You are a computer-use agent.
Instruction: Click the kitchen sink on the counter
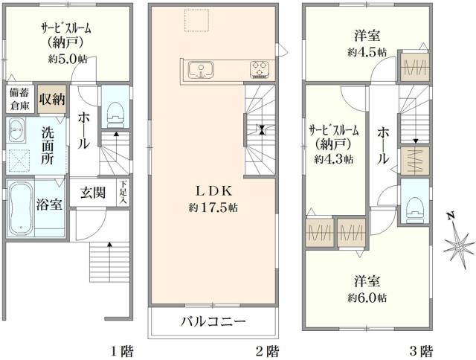point(200,71)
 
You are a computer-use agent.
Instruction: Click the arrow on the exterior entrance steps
point(109,245)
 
